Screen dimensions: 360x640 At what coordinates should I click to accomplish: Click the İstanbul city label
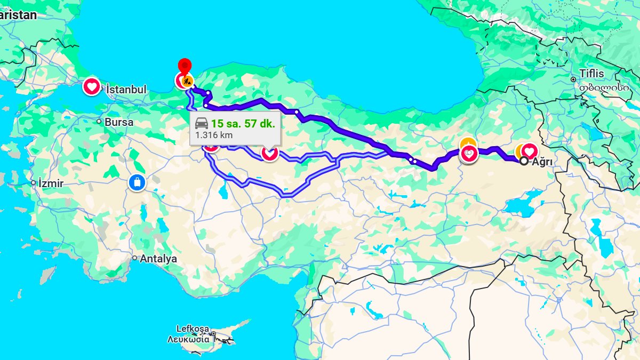click(x=126, y=90)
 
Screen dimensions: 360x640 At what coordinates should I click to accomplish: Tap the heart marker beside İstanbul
click(x=92, y=86)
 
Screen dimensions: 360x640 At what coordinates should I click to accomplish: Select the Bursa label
click(x=119, y=122)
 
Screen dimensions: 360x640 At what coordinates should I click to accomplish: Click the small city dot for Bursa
click(x=99, y=122)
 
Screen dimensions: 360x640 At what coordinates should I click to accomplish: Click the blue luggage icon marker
click(x=137, y=183)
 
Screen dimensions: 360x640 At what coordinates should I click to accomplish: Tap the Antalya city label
click(x=158, y=259)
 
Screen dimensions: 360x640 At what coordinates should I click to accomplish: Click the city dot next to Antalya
click(x=134, y=258)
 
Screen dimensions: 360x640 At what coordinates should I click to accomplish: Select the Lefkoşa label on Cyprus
click(x=193, y=329)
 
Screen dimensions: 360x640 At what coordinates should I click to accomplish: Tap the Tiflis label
click(x=592, y=74)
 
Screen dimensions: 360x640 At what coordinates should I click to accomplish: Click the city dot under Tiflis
click(x=573, y=79)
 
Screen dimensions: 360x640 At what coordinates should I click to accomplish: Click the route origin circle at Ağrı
click(x=524, y=161)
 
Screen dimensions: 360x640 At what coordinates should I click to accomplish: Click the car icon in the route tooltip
click(x=202, y=124)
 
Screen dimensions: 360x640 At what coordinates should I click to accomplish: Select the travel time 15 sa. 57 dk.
click(x=243, y=124)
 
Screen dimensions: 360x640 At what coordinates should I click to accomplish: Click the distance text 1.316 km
click(x=214, y=135)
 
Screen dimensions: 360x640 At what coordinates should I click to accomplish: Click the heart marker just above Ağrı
click(x=530, y=151)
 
